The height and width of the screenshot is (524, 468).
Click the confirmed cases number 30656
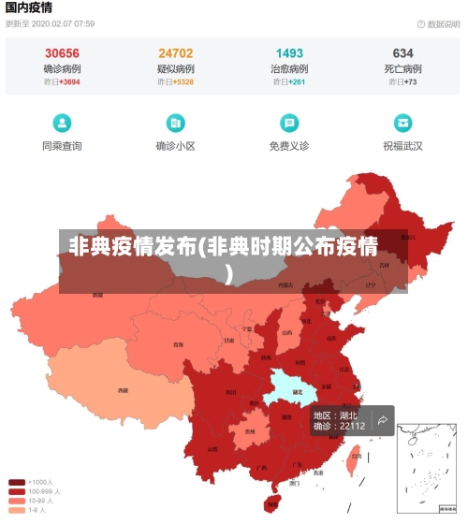pyautogui.click(x=62, y=53)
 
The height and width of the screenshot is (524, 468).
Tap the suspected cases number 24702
pyautogui.click(x=175, y=53)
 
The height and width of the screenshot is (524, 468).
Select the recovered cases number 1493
pyautogui.click(x=289, y=53)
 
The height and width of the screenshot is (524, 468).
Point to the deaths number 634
pyautogui.click(x=402, y=53)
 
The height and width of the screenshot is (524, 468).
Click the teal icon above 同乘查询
pyautogui.click(x=62, y=123)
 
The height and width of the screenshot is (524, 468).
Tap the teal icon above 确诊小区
pyautogui.click(x=175, y=123)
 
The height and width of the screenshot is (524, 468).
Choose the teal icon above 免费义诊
pyautogui.click(x=289, y=123)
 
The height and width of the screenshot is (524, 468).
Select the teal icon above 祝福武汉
pyautogui.click(x=402, y=123)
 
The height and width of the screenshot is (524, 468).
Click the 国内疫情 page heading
pyautogui.click(x=29, y=7)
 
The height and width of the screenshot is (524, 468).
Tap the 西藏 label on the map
pyautogui.click(x=123, y=390)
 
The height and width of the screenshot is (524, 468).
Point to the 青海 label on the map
pyautogui.click(x=178, y=344)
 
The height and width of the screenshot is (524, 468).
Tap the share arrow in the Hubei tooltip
pyautogui.click(x=382, y=421)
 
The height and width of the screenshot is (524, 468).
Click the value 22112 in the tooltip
pyautogui.click(x=352, y=427)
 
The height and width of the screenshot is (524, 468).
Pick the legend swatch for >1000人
pyautogui.click(x=17, y=483)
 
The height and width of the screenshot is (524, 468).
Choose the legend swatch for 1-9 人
pyautogui.click(x=17, y=510)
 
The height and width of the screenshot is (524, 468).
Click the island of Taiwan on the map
pyautogui.click(x=354, y=459)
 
